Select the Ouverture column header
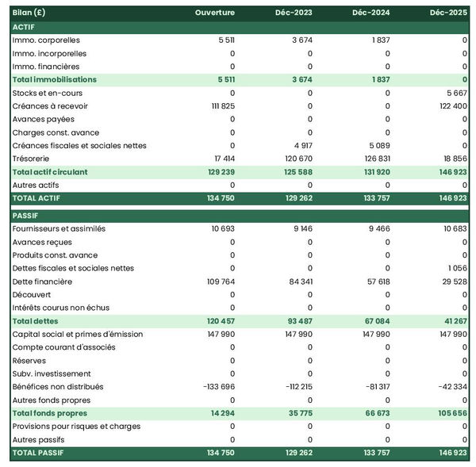[216, 13]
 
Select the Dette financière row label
[42, 281]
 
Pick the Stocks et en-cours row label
[47, 93]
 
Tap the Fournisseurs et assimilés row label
[59, 228]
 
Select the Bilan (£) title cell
[28, 13]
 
